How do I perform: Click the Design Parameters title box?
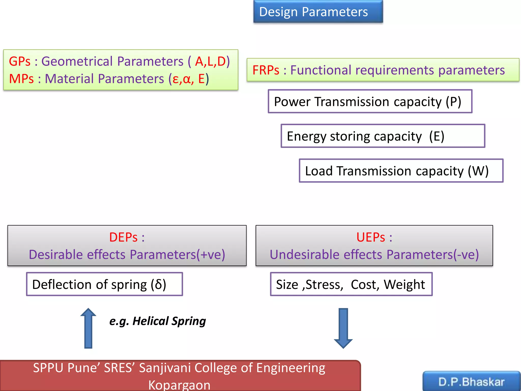tap(318, 12)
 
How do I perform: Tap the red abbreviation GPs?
tap(20, 61)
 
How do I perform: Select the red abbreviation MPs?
tap(21, 79)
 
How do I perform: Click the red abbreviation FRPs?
tap(266, 70)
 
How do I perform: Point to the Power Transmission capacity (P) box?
tap(370, 101)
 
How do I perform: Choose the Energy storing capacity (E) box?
tap(383, 136)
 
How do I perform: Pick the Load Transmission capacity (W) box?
tap(401, 171)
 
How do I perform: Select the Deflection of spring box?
tap(104, 284)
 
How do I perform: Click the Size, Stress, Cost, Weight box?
tap(351, 284)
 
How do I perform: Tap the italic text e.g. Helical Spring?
tap(157, 321)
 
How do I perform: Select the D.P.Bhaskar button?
tap(471, 382)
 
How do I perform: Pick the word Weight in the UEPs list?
tap(404, 284)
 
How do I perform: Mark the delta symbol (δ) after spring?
tap(158, 284)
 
